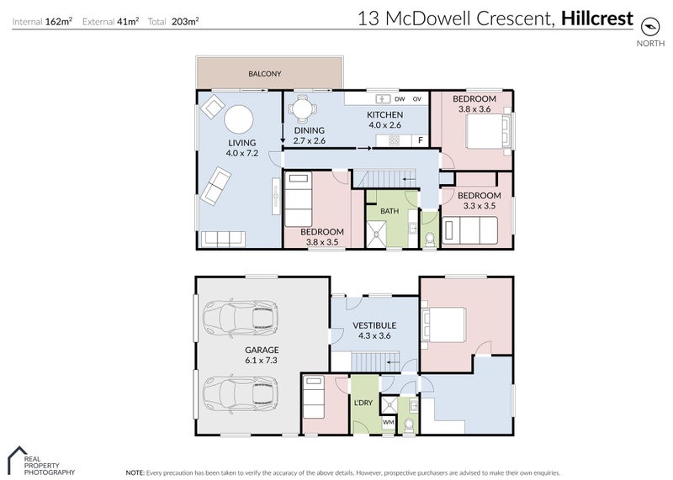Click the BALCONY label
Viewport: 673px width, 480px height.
pyautogui.click(x=265, y=74)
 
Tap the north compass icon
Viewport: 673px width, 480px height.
pyautogui.click(x=649, y=27)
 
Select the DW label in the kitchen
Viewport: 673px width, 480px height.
pyautogui.click(x=400, y=99)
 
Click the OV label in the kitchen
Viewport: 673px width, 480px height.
pyautogui.click(x=417, y=99)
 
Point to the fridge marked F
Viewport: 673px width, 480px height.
pyautogui.click(x=421, y=140)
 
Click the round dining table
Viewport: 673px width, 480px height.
pyautogui.click(x=303, y=108)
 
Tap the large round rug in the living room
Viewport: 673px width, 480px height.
pyautogui.click(x=239, y=119)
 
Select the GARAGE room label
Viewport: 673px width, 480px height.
pyautogui.click(x=262, y=350)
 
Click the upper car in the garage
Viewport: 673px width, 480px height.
pyautogui.click(x=241, y=319)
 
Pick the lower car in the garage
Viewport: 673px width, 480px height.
pyautogui.click(x=241, y=393)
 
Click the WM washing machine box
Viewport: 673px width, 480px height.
pyautogui.click(x=389, y=423)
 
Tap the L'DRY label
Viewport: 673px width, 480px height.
pyautogui.click(x=363, y=403)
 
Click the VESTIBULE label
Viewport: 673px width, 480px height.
pyautogui.click(x=374, y=325)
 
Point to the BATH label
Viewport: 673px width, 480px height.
pyautogui.click(x=389, y=211)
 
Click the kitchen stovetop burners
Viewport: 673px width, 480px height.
pyautogui.click(x=394, y=140)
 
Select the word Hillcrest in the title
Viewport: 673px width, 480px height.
pyautogui.click(x=597, y=18)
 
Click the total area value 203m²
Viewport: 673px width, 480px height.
pyautogui.click(x=185, y=22)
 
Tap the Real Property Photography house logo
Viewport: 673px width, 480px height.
pyautogui.click(x=17, y=460)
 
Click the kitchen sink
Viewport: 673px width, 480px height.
pyautogui.click(x=384, y=99)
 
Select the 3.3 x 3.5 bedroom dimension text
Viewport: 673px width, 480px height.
pyautogui.click(x=480, y=206)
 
